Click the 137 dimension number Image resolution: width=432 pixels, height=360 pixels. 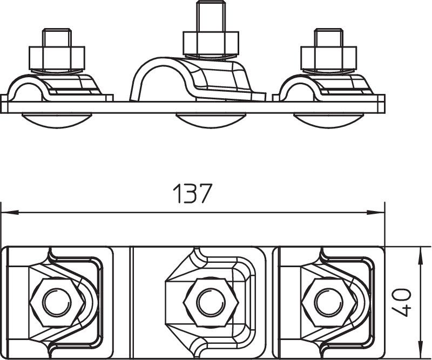point(193,193)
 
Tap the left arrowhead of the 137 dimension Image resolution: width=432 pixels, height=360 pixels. point(10,212)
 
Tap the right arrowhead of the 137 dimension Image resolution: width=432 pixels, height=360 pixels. point(375,212)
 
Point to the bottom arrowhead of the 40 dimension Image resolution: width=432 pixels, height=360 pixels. point(420,350)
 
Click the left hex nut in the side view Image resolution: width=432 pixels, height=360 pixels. point(57,58)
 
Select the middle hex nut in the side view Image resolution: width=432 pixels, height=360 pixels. point(211,43)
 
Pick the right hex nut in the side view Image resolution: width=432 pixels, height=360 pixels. point(329,58)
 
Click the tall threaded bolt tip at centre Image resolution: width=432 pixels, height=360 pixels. point(211,17)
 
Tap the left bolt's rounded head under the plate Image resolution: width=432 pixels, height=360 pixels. point(57,120)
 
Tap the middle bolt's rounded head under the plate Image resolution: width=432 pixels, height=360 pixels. point(211,120)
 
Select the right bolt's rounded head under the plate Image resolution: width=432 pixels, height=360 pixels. point(328,120)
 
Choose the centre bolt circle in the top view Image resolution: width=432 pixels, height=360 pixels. point(211,302)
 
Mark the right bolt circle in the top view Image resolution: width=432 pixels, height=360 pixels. point(329,302)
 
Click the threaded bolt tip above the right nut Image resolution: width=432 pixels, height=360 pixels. point(329,37)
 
